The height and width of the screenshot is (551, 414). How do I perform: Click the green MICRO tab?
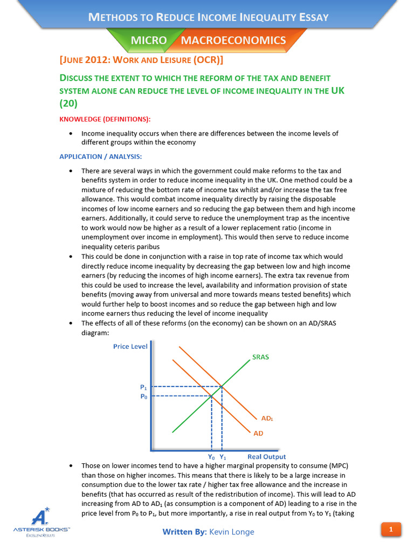coord(149,41)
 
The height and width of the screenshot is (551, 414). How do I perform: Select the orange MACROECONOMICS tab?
coord(233,41)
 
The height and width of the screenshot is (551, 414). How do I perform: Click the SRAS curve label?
coord(260,357)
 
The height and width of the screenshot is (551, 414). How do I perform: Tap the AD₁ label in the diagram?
coord(267,418)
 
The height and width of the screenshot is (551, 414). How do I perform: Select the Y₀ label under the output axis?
coord(211,457)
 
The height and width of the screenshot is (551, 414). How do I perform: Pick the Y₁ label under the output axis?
coord(223,457)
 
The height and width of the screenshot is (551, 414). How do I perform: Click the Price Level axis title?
coord(130,347)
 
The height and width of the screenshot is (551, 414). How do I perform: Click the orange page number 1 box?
coord(391,530)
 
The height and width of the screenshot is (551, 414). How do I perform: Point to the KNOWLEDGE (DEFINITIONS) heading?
coord(105,118)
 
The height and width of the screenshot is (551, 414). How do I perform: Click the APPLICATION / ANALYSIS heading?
coord(100,157)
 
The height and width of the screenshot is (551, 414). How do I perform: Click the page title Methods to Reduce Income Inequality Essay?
coord(208,17)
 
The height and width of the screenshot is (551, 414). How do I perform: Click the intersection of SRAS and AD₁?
coord(222,386)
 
